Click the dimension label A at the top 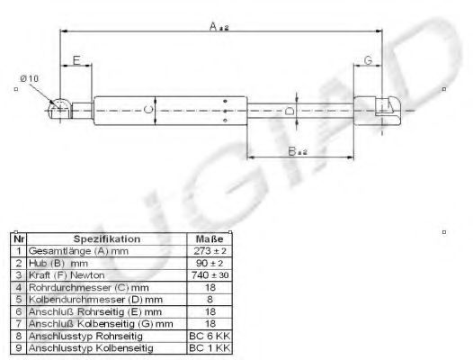219,27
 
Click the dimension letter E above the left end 76,60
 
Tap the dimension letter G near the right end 368,60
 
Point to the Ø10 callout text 30,78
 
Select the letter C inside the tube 148,109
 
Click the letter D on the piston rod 290,111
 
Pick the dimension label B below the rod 298,151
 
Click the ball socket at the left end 60,109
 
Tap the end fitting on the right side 378,111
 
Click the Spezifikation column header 107,239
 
